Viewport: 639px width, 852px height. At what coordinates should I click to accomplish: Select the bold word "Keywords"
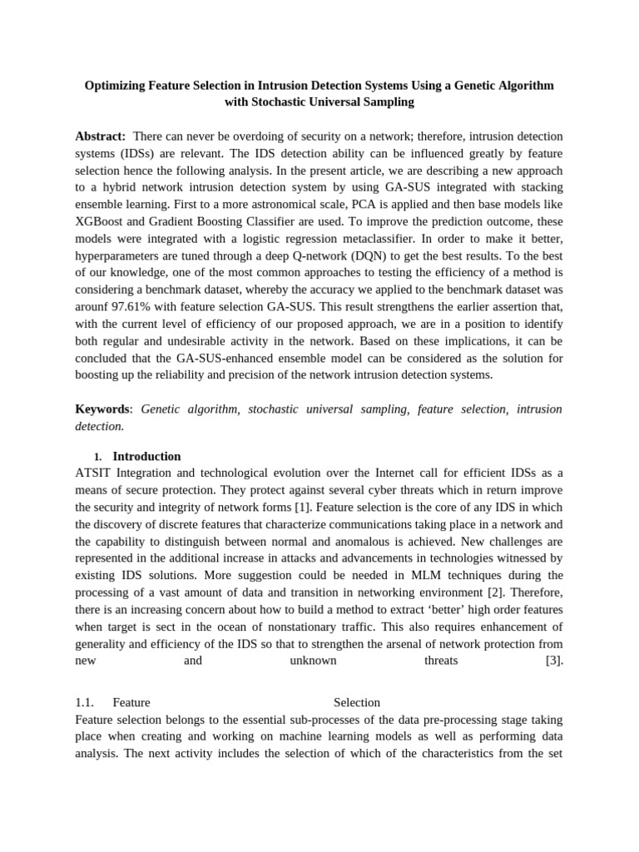click(x=102, y=409)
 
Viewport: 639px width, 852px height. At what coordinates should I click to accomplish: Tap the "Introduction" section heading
click(x=146, y=456)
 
